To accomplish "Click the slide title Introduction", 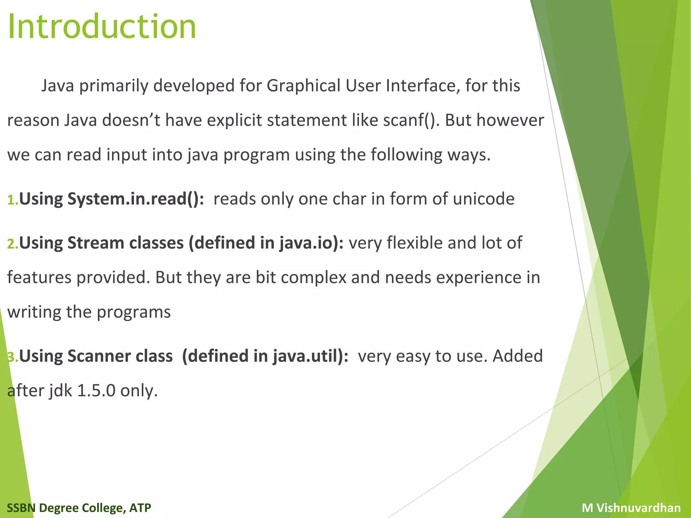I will click(102, 27).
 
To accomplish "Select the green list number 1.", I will click(12, 200).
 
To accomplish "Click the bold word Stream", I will click(96, 243).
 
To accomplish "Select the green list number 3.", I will click(12, 357).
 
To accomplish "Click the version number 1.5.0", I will click(96, 391).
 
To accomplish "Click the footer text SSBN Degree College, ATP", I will click(79, 508).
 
